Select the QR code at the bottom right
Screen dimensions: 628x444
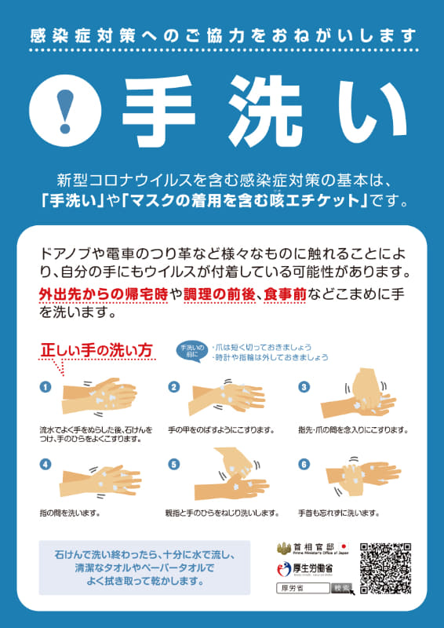pos(385,568)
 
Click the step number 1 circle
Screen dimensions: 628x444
pos(45,386)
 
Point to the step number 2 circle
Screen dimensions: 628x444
pos(174,386)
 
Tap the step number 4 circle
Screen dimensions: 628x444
pos(45,464)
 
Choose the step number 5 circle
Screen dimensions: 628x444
pos(174,464)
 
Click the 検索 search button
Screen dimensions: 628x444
pos(342,588)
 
